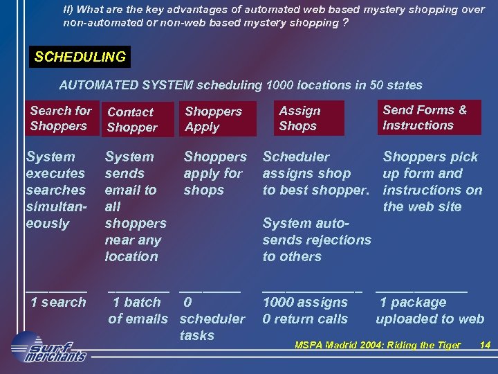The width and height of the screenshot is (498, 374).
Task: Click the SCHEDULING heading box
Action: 80,57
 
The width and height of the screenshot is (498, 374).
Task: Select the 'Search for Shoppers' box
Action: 60,118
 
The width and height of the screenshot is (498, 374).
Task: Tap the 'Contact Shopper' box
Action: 136,120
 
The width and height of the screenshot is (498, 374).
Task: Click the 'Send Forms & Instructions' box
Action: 430,118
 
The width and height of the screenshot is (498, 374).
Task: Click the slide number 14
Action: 485,345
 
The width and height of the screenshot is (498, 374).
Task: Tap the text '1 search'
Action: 58,302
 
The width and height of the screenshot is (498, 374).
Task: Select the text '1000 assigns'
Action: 305,302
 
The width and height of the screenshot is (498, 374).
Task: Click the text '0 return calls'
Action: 305,319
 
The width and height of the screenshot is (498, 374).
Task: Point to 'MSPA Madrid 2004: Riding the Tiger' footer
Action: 378,345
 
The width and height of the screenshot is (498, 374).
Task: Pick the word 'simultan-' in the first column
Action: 55,206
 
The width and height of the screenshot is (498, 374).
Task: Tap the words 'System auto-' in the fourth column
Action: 306,223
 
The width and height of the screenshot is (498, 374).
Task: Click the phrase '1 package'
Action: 413,302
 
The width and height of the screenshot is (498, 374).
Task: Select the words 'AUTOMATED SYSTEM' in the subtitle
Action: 126,85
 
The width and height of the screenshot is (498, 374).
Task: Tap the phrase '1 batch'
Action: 136,302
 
